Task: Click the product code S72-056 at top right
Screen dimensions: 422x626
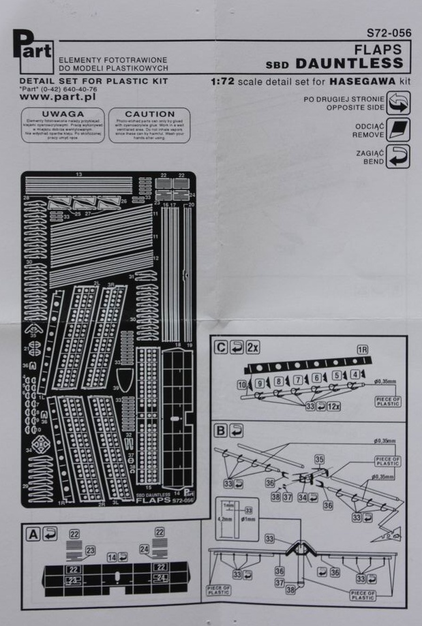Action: coord(388,32)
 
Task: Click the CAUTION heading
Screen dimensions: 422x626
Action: coord(151,114)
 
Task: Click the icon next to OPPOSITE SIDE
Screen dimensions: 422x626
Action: coord(398,104)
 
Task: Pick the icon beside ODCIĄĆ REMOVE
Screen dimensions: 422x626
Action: coord(398,130)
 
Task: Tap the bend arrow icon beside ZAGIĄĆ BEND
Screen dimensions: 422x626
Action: coord(398,157)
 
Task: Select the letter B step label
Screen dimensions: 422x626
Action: coord(221,431)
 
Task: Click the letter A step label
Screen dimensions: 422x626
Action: coord(31,535)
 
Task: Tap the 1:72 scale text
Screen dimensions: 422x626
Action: coord(223,80)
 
